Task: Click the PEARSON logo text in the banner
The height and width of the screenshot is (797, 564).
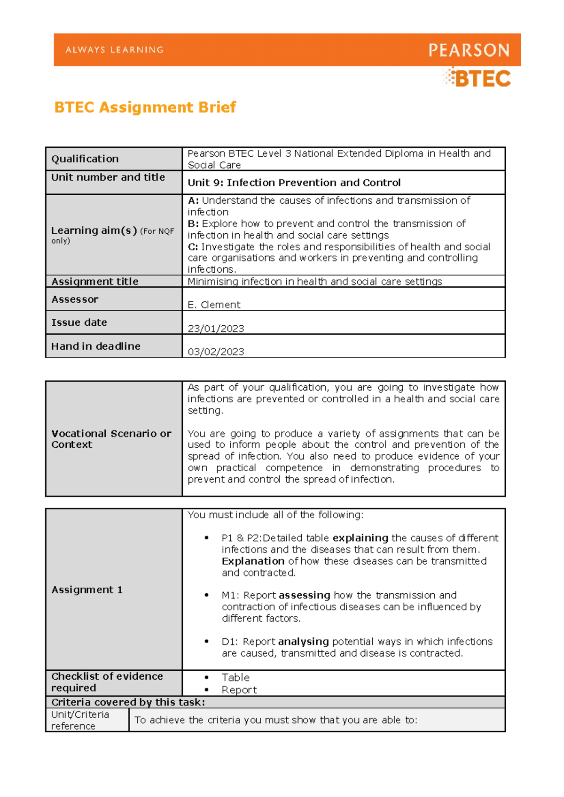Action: tap(469, 50)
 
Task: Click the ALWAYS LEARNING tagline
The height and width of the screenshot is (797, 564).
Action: tap(115, 50)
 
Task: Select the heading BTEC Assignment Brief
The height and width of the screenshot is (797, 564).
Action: tap(145, 107)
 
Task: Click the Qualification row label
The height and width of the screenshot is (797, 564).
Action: tap(85, 159)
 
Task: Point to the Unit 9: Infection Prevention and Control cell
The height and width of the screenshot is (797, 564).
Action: tap(294, 183)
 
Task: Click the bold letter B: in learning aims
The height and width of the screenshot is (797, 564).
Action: tap(193, 224)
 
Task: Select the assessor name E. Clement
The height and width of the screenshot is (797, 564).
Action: tap(214, 305)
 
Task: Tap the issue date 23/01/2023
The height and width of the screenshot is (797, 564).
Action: tap(216, 329)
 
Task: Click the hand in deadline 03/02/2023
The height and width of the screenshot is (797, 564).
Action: tap(216, 352)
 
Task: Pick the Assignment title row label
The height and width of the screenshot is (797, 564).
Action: tap(95, 282)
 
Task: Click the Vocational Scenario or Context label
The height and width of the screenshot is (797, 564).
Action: tap(111, 439)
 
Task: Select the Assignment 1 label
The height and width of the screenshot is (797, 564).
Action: tap(87, 590)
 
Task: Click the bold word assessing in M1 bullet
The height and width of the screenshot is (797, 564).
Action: tap(304, 595)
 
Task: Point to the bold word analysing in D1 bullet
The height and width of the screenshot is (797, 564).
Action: tap(303, 642)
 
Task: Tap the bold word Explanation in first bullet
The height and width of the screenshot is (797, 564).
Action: tap(253, 561)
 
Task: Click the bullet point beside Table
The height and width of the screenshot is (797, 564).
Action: tap(206, 677)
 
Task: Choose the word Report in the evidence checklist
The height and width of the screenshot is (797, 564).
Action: tap(239, 690)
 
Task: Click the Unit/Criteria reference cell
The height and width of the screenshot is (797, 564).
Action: tap(80, 720)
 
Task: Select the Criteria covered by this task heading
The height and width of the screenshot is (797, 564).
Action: tap(128, 702)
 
